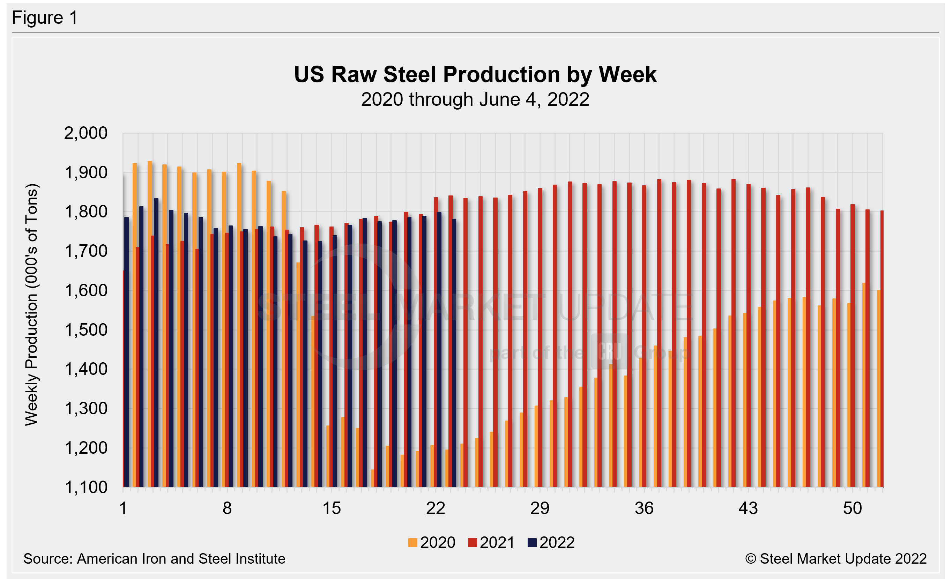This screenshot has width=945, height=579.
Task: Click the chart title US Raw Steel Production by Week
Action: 475,74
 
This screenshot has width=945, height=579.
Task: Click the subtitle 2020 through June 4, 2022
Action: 475,100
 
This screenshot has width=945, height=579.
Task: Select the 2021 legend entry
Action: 491,543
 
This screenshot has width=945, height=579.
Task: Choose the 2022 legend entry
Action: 551,543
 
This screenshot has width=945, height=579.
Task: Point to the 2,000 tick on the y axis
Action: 86,133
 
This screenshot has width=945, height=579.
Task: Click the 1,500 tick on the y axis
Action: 86,330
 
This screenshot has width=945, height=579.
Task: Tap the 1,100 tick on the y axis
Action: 86,487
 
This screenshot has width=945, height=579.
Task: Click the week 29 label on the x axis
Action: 540,509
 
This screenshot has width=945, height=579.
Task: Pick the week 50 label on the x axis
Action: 852,509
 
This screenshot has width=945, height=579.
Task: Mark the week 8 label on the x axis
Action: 227,509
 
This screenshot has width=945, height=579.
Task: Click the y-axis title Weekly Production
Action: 31,305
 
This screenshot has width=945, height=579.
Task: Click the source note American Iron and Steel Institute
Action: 154,559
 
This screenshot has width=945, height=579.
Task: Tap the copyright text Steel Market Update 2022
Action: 836,559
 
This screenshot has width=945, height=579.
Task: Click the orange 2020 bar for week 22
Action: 432,466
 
